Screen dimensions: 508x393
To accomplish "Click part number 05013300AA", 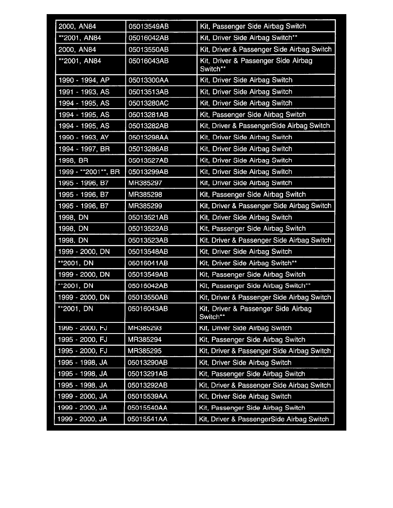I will [x=148, y=80].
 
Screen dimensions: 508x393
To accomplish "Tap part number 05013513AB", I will [x=148, y=92].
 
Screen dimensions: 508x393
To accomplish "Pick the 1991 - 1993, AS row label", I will [x=83, y=92].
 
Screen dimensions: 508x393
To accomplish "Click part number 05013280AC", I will [x=148, y=103].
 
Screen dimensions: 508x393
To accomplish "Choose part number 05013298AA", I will [x=148, y=137].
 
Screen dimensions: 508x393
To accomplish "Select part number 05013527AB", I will [x=148, y=160].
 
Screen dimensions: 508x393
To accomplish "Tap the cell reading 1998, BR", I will [x=73, y=160].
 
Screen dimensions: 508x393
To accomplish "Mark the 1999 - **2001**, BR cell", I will [x=89, y=172].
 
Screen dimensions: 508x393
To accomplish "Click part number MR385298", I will [x=145, y=195].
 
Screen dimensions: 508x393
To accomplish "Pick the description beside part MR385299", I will [x=265, y=206].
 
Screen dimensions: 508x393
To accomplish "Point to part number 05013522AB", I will [x=148, y=229].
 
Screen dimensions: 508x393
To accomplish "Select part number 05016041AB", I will [x=148, y=263].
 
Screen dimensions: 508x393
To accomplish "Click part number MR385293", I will [x=145, y=328].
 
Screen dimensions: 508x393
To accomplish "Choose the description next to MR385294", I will [x=253, y=340].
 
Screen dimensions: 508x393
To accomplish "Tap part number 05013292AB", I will [x=148, y=385].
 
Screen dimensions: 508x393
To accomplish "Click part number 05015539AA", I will [x=148, y=397].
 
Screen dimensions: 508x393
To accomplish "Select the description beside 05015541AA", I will [x=264, y=419].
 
